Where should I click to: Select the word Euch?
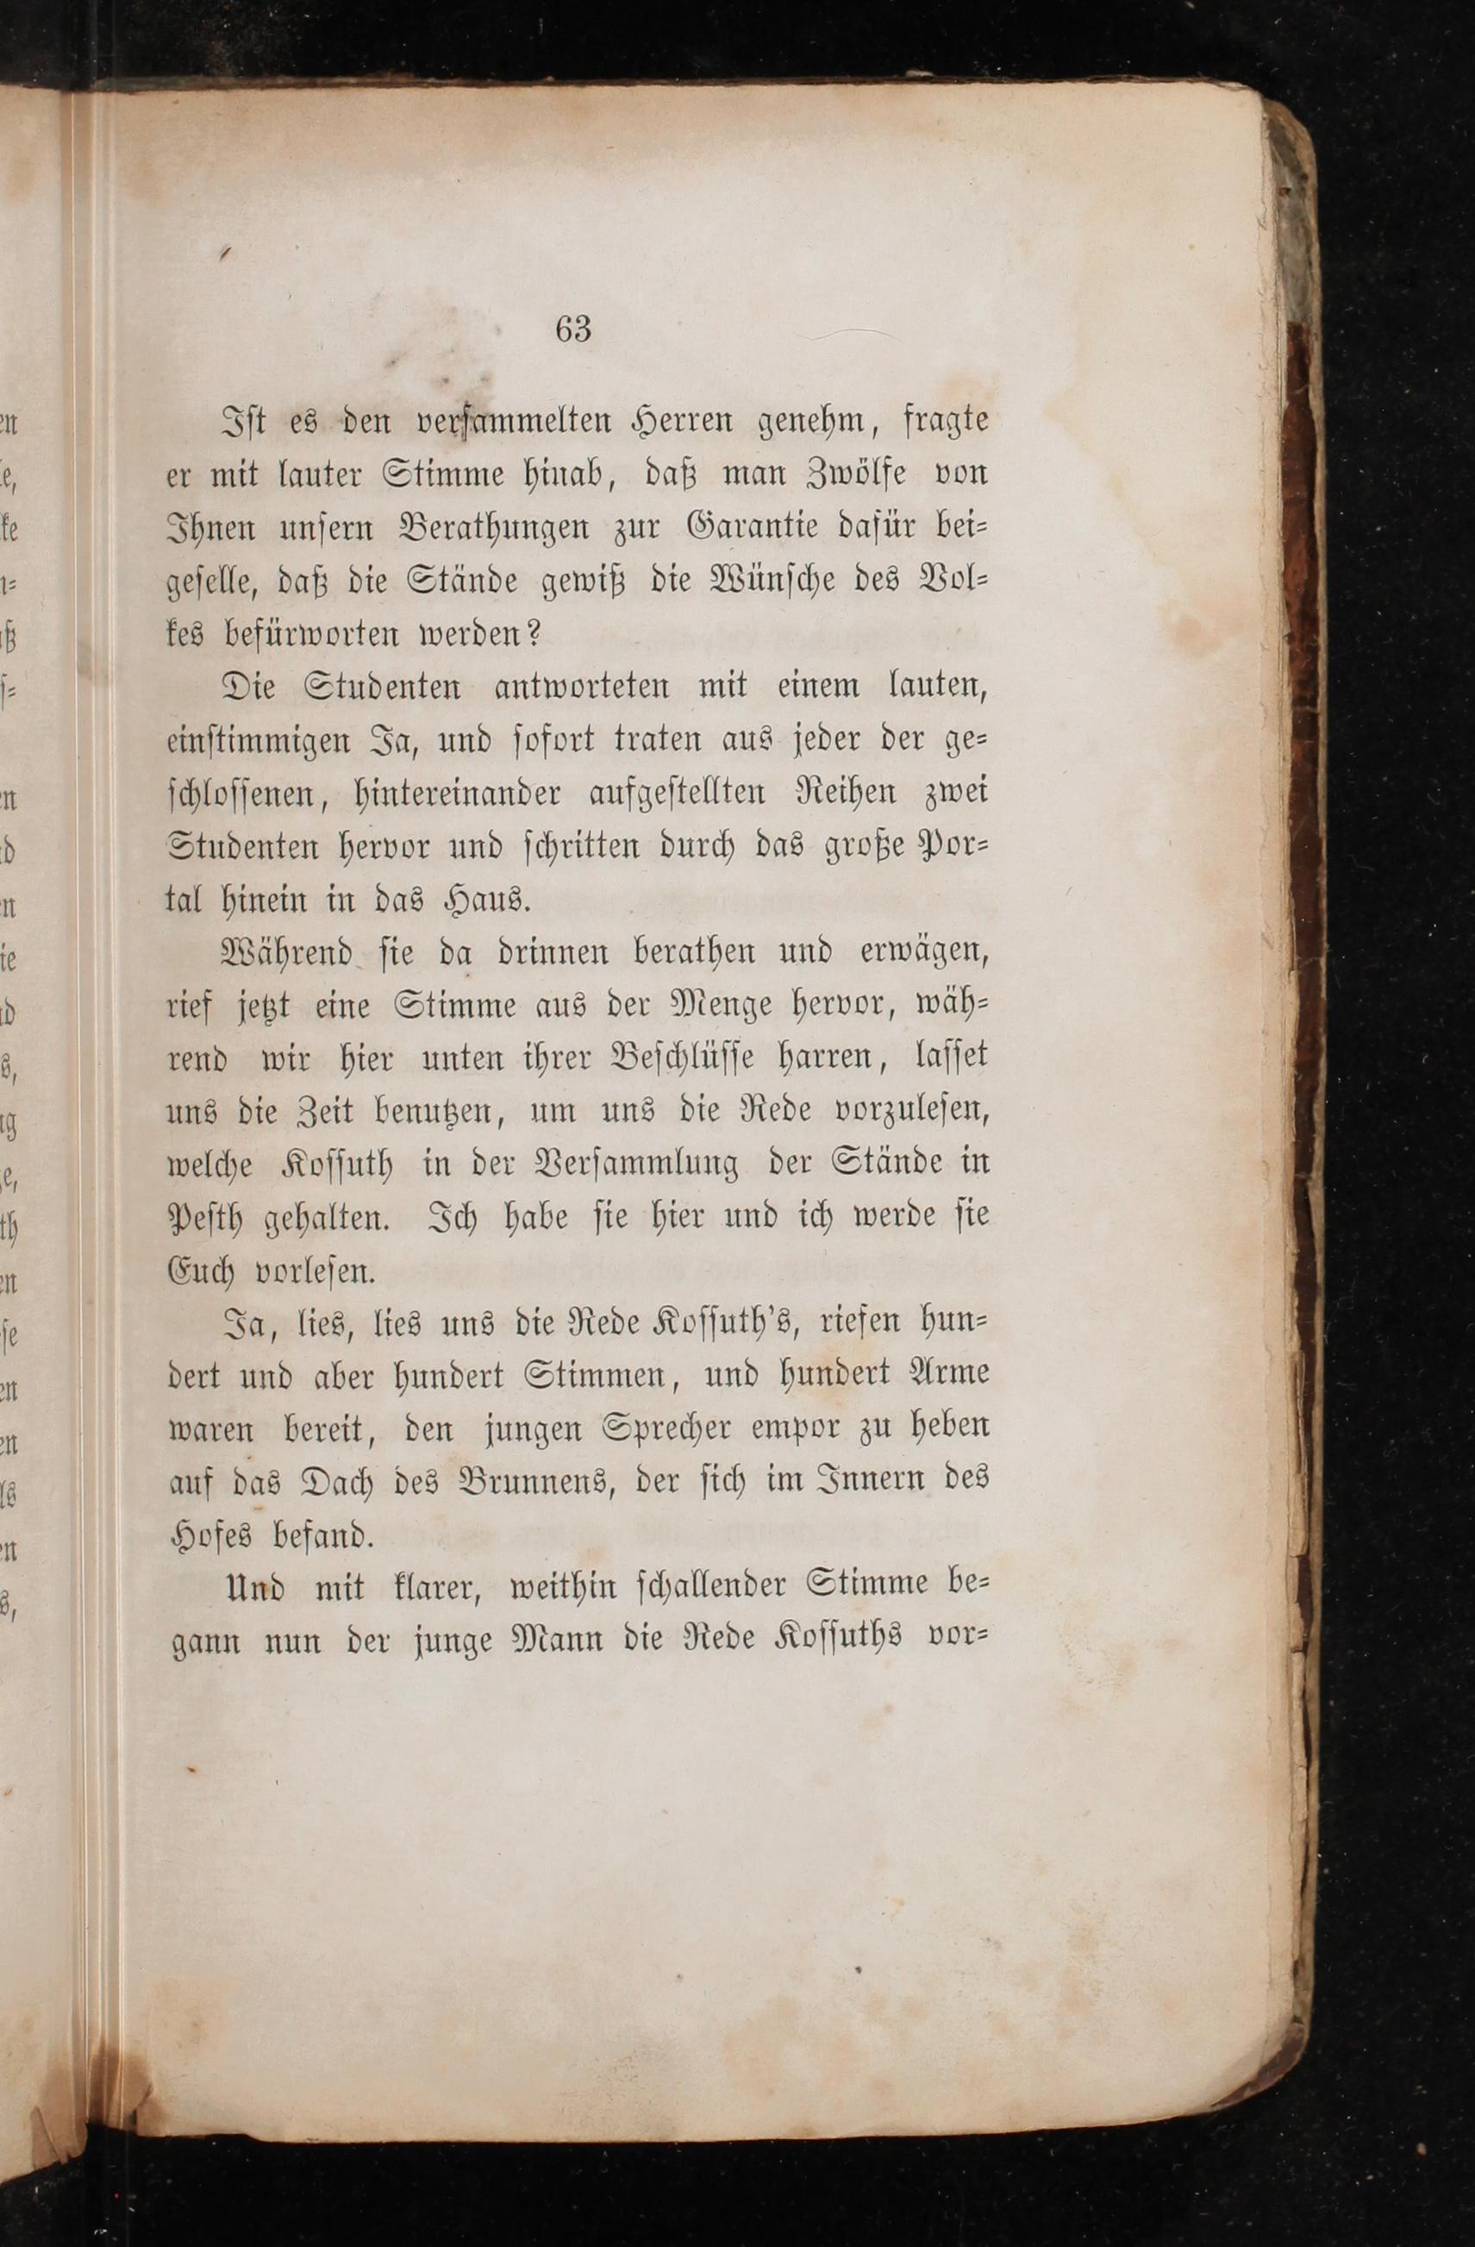201,1271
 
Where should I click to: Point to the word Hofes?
211,1535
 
